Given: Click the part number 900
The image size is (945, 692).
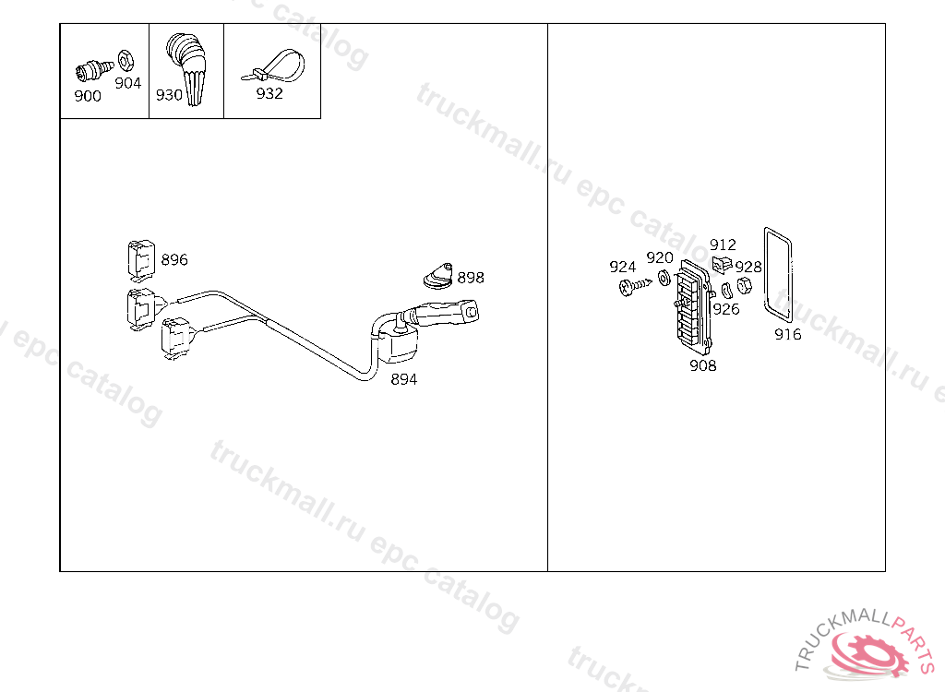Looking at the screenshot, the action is [88, 96].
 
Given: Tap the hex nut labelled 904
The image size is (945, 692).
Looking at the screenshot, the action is [126, 60].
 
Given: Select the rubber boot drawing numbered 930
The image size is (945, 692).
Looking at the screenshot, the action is [188, 68].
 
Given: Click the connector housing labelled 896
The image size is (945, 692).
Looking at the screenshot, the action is [141, 261].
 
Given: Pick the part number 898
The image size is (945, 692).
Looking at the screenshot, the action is [471, 278].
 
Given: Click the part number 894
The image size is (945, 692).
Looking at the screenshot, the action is [404, 379].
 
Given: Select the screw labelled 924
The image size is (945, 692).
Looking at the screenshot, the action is [635, 286].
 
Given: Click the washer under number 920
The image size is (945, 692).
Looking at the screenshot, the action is [664, 278].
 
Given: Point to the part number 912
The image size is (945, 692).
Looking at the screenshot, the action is [723, 245].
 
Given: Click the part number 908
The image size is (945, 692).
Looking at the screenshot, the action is [702, 366].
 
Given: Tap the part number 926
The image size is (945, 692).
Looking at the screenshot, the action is [726, 309].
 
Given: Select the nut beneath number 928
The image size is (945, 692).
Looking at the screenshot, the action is [745, 286].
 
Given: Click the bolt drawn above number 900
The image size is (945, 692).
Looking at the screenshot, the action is [93, 70].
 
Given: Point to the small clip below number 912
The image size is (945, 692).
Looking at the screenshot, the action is [722, 264].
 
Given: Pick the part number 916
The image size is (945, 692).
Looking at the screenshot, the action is [788, 335].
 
